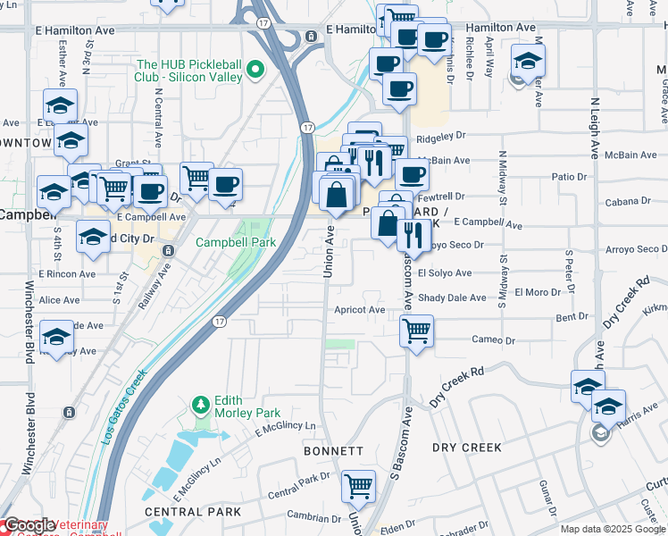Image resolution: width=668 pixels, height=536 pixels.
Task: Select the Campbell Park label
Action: pos(236,242)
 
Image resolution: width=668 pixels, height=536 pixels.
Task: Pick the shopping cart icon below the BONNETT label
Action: pos(358,487)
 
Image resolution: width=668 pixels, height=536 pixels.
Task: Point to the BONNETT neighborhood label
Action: pos(333,451)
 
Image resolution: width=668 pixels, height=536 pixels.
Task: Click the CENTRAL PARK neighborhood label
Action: pos(193,512)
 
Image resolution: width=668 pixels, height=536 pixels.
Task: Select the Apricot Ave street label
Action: pos(359,310)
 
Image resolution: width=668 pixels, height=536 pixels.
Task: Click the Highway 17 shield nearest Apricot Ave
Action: pos(219,321)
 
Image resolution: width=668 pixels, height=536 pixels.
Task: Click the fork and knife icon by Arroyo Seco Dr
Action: pos(412,234)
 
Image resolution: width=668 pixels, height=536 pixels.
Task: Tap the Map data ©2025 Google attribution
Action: pos(613,529)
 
